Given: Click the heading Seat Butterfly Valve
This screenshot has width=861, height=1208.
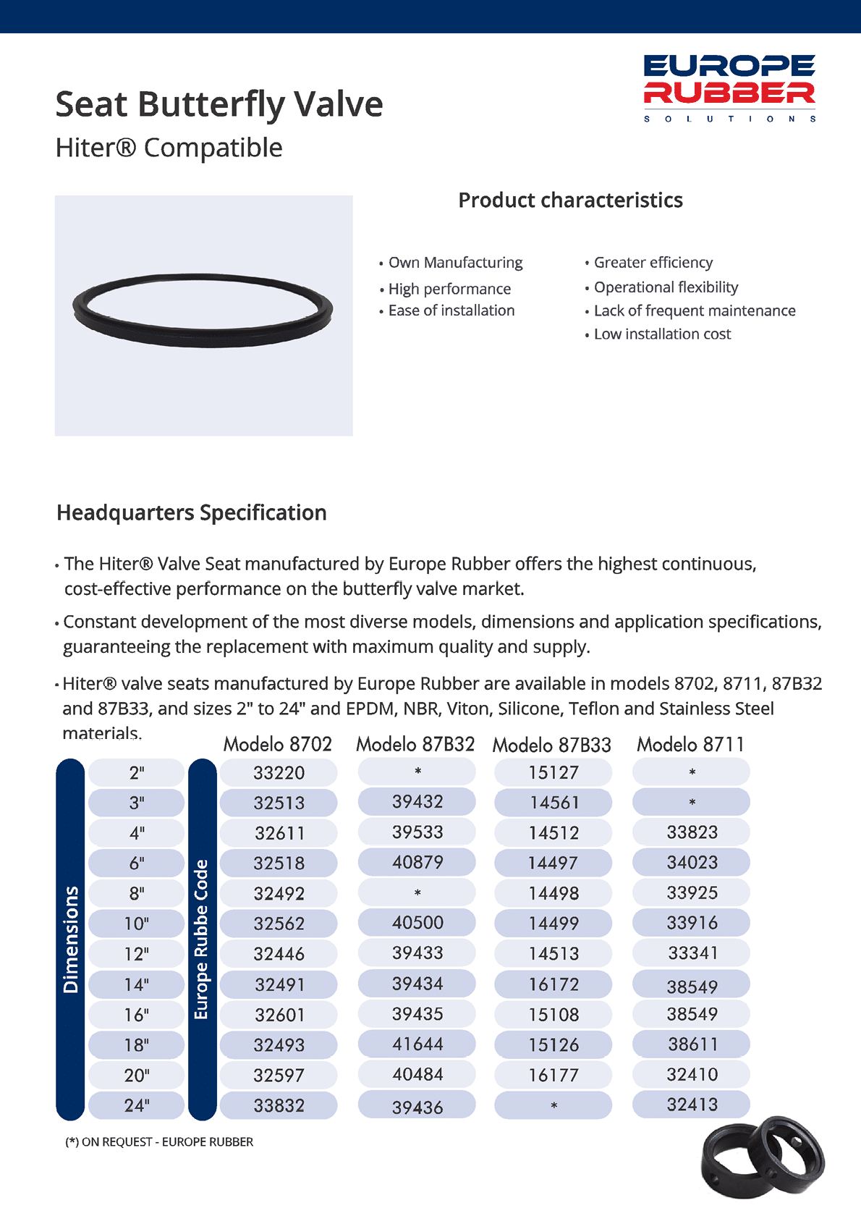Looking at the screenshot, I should coord(219,104).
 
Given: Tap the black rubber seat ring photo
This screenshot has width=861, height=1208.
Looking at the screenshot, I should coord(203,311).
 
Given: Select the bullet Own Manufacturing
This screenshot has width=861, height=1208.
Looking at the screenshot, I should coord(455,263).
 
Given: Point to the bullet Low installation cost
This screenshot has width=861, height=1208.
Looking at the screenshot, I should coord(662,334).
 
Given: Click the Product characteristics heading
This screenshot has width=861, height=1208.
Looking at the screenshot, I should coord(570,200).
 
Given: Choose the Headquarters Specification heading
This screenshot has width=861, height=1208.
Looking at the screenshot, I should coord(192,513).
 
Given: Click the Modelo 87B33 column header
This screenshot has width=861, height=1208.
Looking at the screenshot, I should coord(551,745).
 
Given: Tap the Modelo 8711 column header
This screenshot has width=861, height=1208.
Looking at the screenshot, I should coord(690,745).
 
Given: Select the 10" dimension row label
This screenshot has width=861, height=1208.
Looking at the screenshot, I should coord(137,924).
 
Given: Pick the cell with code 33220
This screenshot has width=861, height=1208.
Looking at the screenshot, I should coord(279,773).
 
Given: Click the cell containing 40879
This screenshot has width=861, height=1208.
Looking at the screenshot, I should coord(417,863).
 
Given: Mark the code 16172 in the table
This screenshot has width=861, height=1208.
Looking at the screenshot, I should coord(553,984).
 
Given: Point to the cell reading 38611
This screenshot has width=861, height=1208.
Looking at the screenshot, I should coord(692,1044).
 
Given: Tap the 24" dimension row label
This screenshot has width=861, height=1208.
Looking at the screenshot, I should coord(137,1105).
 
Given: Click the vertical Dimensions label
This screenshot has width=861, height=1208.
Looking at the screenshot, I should coord(71,939).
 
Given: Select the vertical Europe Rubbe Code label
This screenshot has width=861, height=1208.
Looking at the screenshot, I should coord(202,939).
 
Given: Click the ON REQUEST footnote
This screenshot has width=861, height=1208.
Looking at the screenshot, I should coord(159,1142).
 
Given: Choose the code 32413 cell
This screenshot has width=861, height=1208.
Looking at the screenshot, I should coord(692,1104).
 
